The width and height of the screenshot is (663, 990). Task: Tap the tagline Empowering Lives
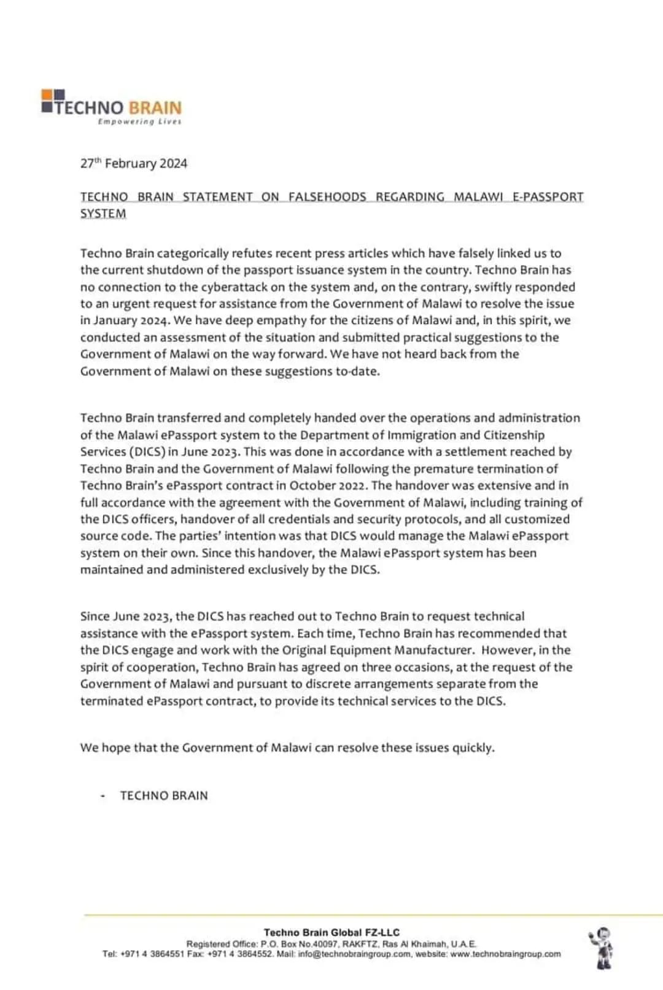[139, 122]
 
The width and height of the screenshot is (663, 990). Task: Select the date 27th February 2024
[133, 163]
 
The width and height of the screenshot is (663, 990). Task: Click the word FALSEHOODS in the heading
[327, 197]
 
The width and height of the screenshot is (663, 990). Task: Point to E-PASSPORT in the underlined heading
[548, 197]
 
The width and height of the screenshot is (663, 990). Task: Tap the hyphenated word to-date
[357, 371]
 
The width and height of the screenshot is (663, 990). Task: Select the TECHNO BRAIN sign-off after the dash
[164, 795]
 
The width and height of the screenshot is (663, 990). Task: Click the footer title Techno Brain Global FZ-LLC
[331, 932]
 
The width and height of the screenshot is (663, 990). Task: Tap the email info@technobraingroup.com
[355, 954]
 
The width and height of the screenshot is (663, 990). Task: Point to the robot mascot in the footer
[602, 948]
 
